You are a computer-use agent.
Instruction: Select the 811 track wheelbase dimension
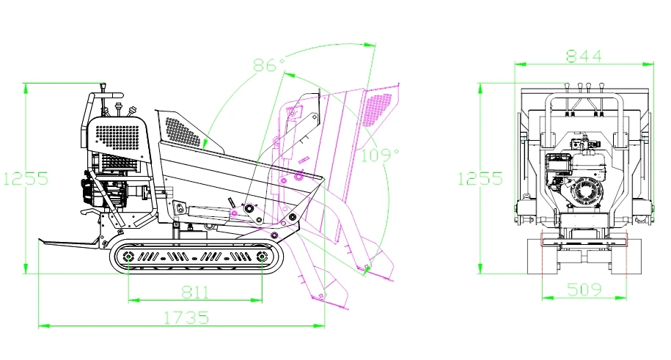point(195,293)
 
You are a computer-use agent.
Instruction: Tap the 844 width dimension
point(584,56)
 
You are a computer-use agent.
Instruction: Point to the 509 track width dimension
point(584,290)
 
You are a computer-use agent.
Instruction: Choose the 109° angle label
point(380,155)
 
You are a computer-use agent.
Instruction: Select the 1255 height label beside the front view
point(480,178)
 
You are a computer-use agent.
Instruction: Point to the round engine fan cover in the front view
point(588,193)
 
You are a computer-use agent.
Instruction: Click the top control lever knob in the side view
point(103,87)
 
